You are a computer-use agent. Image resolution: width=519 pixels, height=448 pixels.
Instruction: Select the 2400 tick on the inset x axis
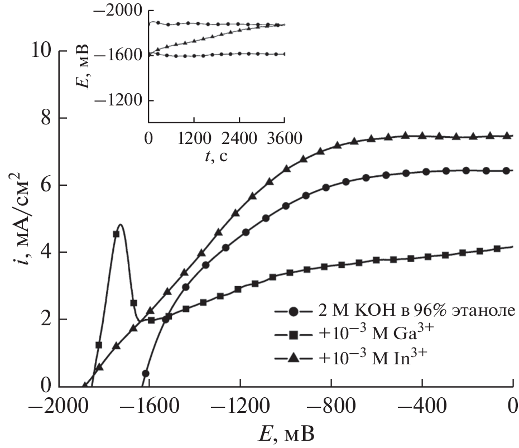[x=239, y=137]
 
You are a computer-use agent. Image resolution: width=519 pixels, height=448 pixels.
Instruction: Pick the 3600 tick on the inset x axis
[x=285, y=137]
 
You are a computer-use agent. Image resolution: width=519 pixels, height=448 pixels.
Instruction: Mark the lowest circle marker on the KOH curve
[x=146, y=374]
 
